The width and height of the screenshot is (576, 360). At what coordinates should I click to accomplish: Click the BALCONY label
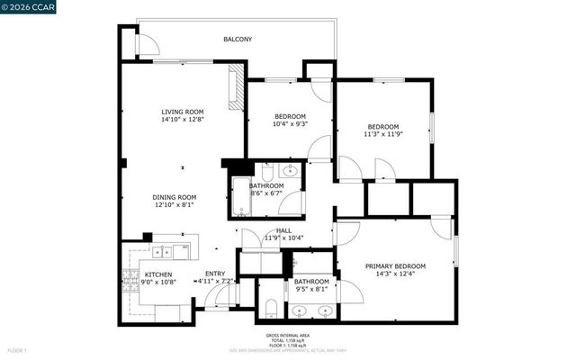click(238, 40)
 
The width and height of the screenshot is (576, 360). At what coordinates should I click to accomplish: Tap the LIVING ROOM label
click(183, 111)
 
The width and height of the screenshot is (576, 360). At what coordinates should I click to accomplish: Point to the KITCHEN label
click(158, 275)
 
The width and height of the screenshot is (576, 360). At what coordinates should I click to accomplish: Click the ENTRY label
click(215, 274)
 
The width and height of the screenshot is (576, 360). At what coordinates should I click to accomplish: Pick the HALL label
click(283, 231)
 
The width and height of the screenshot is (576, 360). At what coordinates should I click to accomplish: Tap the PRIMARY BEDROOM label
click(395, 266)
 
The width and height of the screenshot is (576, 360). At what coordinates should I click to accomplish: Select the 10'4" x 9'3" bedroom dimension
click(290, 125)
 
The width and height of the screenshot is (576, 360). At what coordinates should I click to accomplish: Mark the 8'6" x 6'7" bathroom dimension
click(266, 193)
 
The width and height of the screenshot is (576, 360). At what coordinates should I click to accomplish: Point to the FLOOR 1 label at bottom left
click(18, 349)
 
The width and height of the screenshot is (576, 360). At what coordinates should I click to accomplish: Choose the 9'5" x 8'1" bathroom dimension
click(312, 290)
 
